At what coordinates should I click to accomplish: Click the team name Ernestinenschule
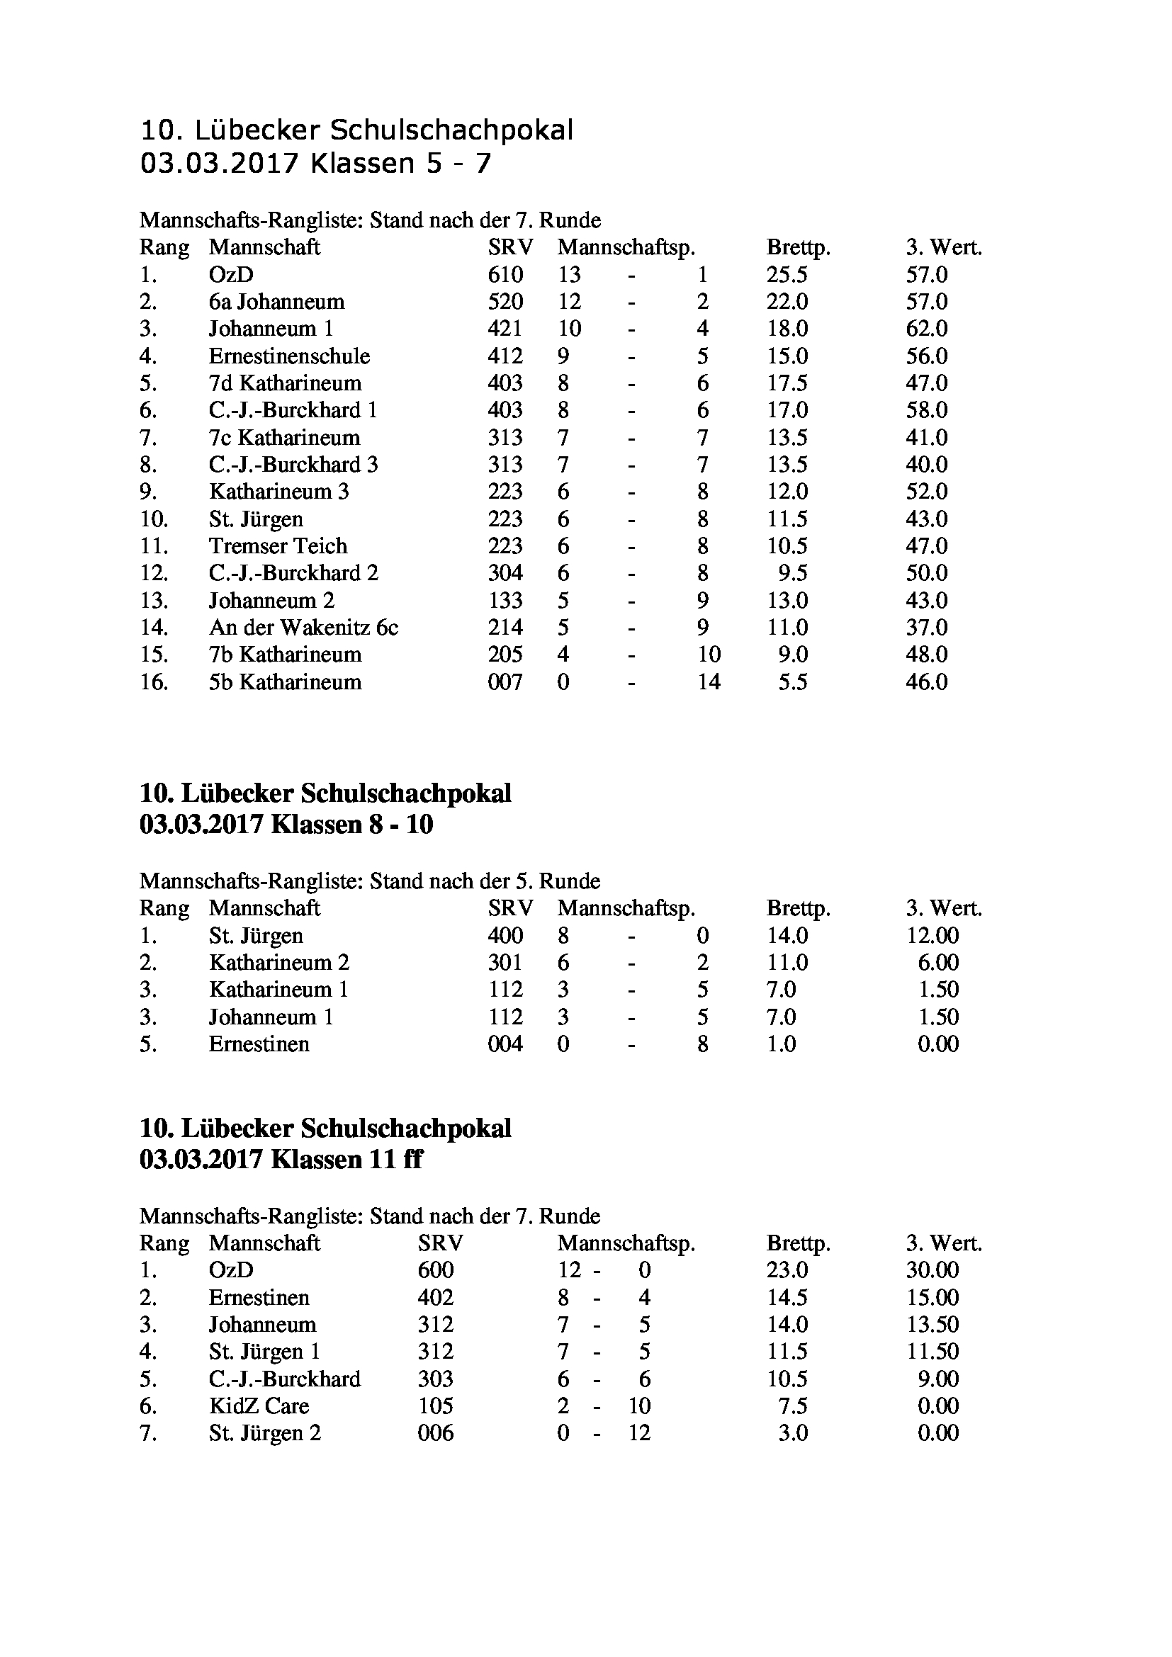click(289, 356)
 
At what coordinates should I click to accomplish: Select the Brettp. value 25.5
click(787, 275)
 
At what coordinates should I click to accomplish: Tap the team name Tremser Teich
click(278, 546)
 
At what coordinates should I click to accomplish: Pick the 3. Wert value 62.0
click(927, 329)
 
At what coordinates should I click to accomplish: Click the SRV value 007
click(505, 682)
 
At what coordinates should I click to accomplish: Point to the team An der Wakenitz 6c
click(303, 628)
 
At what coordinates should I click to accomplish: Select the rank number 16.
click(154, 682)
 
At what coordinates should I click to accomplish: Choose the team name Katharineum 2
click(278, 963)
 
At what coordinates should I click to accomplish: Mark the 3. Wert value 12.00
click(932, 936)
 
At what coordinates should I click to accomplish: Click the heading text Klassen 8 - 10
click(351, 824)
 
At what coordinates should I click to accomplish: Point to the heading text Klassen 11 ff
click(346, 1160)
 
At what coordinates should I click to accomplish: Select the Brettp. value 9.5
click(792, 574)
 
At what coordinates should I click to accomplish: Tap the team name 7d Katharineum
click(285, 383)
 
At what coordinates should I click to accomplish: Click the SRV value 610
click(505, 275)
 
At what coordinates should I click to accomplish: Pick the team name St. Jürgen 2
click(265, 1433)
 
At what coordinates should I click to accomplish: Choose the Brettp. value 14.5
click(787, 1298)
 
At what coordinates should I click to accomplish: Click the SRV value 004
click(505, 1044)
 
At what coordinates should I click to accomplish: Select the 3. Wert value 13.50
click(932, 1325)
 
